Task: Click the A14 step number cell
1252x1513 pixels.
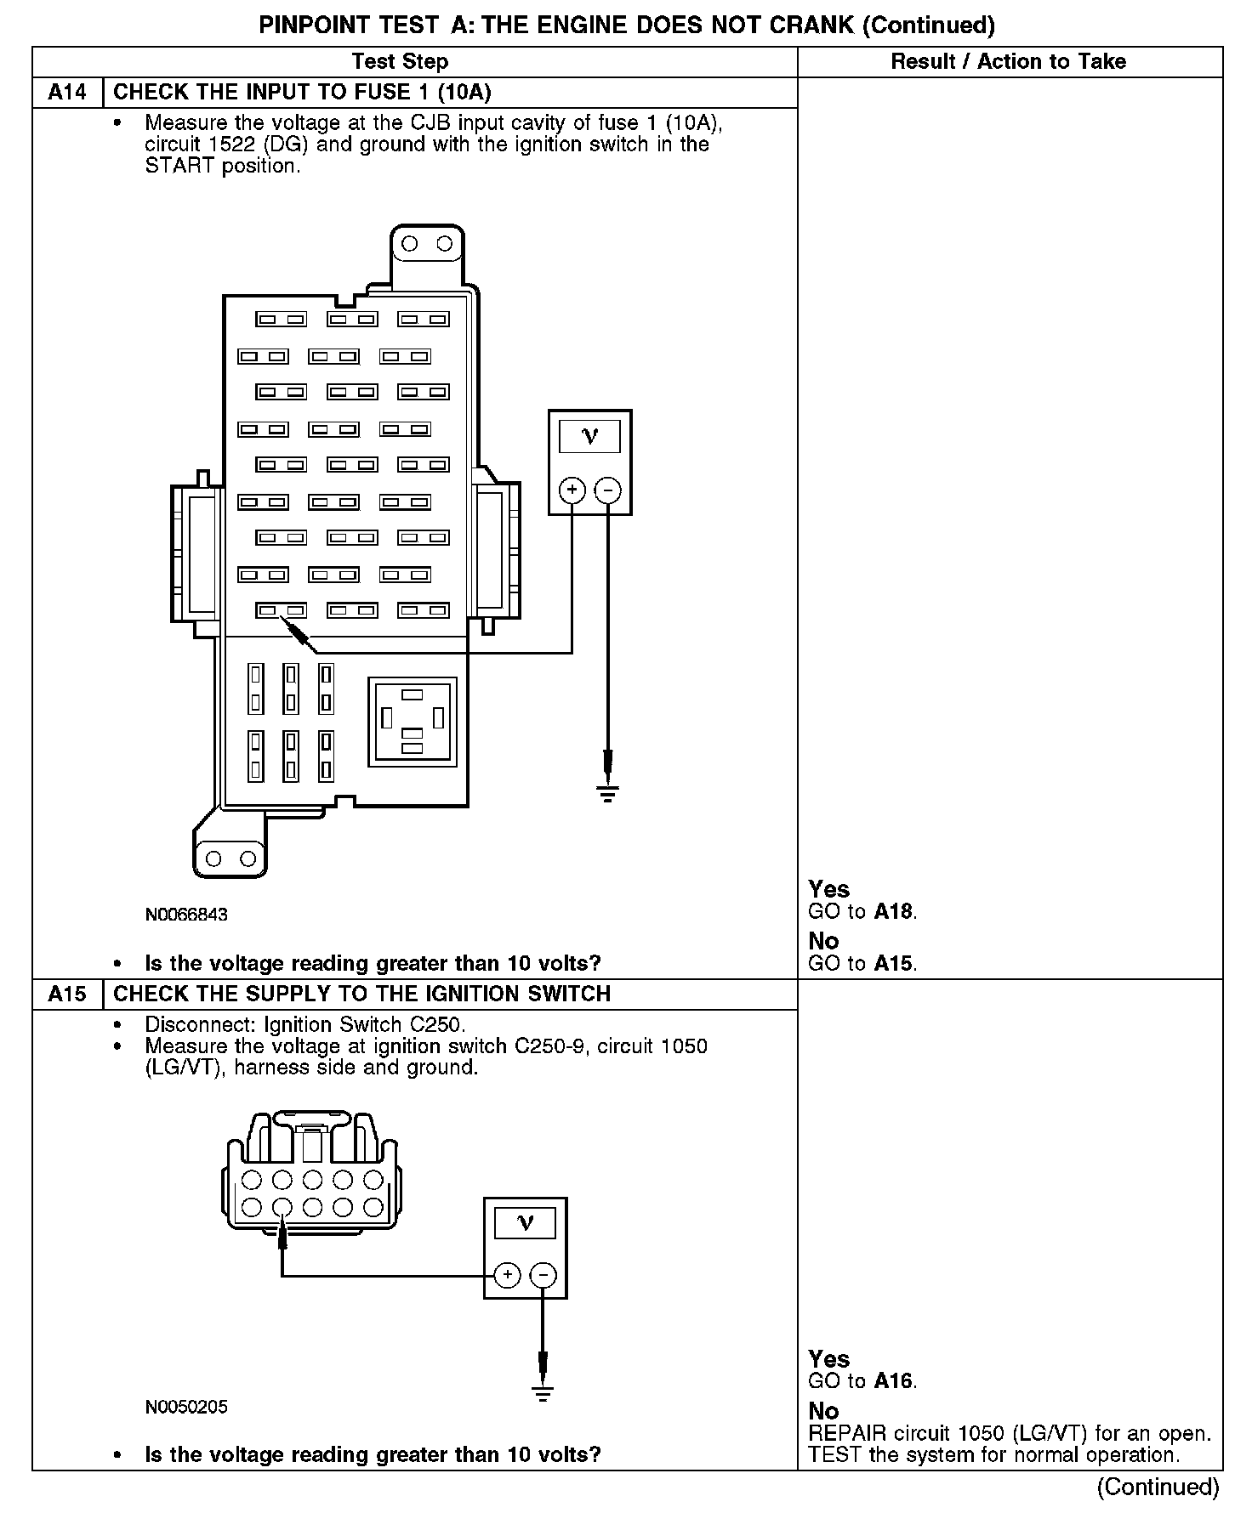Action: pyautogui.click(x=67, y=93)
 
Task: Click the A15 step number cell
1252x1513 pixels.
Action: pyautogui.click(x=67, y=994)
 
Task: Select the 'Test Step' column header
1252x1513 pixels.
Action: pyautogui.click(x=400, y=61)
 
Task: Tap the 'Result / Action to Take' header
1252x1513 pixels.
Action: pyautogui.click(x=1008, y=61)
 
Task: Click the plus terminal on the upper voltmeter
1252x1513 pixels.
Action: pyautogui.click(x=572, y=490)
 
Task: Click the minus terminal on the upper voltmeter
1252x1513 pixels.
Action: pyautogui.click(x=607, y=490)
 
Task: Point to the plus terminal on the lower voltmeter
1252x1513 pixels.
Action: pyautogui.click(x=507, y=1275)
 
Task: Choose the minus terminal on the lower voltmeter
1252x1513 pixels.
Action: pyautogui.click(x=543, y=1275)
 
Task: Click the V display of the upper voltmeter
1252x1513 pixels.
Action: pyautogui.click(x=589, y=437)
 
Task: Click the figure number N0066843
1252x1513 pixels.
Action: pyautogui.click(x=186, y=915)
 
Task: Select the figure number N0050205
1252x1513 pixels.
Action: pyautogui.click(x=186, y=1407)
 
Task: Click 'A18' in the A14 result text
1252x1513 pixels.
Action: pyautogui.click(x=894, y=912)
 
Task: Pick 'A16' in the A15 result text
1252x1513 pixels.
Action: pyautogui.click(x=894, y=1381)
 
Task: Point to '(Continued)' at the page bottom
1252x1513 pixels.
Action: pyautogui.click(x=1158, y=1487)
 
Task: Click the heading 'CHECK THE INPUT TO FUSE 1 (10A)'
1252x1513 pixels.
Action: pyautogui.click(x=302, y=93)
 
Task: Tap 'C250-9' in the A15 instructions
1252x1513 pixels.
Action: pyautogui.click(x=552, y=1046)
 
